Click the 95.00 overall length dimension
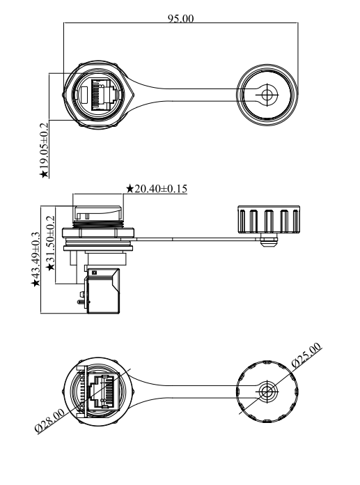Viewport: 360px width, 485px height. [181, 19]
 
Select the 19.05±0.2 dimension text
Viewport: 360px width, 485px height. [45, 146]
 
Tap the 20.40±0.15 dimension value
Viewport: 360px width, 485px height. [161, 188]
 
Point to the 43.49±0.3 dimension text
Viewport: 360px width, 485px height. [36, 255]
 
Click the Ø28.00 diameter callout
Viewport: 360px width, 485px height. [50, 420]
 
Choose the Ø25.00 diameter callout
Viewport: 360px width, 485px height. [306, 355]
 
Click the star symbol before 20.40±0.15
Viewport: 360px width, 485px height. [130, 189]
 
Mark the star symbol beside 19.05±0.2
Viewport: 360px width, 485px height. [45, 174]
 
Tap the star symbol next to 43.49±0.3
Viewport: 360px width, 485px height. [36, 283]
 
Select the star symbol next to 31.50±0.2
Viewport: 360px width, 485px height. [50, 267]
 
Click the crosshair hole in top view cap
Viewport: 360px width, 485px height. [267, 94]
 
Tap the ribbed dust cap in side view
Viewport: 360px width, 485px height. [269, 220]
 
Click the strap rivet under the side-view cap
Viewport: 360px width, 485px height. [268, 240]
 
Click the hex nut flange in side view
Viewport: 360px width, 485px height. [99, 232]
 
